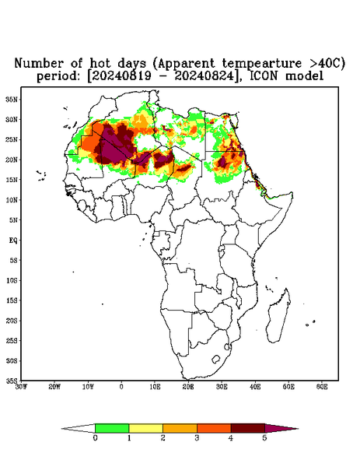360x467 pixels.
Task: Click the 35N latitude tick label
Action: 12,99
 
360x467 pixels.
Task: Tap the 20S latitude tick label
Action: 12,321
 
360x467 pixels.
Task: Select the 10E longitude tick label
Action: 155,387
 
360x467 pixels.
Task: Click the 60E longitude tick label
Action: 322,387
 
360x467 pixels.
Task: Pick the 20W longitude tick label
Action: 54,387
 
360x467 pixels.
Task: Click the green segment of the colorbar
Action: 112,428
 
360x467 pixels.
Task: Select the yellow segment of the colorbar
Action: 145,428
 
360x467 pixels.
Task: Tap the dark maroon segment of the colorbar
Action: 248,428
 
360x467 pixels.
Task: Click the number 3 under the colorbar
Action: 197,438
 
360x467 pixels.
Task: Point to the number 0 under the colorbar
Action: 95,438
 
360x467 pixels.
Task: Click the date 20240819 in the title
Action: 121,76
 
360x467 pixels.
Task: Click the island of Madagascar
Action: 278,316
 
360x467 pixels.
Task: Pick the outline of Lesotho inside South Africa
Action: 216,359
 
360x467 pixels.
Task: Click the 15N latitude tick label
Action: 12,180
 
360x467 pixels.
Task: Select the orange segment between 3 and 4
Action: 214,428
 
